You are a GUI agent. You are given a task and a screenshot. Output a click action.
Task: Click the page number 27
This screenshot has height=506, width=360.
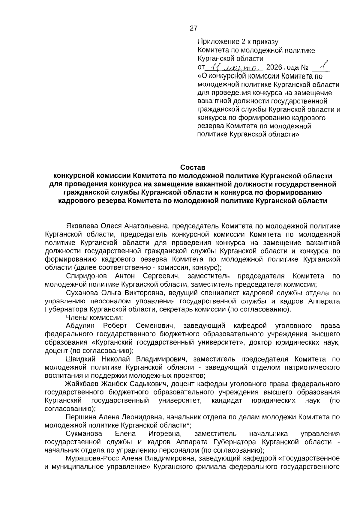[193, 28]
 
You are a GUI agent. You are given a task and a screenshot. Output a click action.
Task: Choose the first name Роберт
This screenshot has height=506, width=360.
[115, 326]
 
